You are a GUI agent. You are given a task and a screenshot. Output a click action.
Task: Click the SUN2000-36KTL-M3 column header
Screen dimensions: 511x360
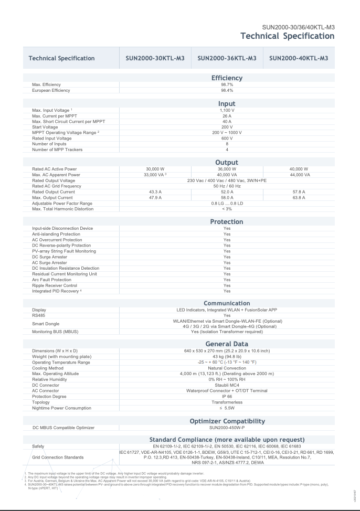[227, 58]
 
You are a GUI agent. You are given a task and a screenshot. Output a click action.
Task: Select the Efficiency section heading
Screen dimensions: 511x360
[227, 78]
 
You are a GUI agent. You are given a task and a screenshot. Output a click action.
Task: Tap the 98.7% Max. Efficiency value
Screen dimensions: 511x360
[227, 84]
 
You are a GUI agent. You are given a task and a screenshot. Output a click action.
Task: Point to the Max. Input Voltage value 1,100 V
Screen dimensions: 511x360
[227, 111]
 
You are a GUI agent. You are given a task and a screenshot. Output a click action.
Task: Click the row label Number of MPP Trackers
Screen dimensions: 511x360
[57, 150]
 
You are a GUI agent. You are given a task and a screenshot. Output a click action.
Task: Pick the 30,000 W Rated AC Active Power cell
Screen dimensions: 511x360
[155, 169]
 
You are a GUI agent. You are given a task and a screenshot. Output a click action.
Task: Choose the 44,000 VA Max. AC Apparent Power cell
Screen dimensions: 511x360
[299, 175]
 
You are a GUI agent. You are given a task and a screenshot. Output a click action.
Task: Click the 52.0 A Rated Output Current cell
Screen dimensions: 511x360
[227, 192]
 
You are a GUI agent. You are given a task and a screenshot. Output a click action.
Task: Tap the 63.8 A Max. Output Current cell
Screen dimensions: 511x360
[299, 198]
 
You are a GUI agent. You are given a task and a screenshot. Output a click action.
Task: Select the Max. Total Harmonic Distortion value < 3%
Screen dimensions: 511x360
[227, 209]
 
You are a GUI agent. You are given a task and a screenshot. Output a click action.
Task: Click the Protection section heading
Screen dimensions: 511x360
[227, 222]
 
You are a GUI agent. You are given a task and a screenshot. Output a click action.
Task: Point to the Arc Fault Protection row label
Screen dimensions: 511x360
[51, 280]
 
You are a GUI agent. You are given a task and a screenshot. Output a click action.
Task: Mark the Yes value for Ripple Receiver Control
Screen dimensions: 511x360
[227, 285]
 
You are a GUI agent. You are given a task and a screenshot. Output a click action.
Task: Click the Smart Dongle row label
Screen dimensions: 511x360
[46, 324]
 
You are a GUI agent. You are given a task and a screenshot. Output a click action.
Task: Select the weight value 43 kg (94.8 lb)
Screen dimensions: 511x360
[227, 357]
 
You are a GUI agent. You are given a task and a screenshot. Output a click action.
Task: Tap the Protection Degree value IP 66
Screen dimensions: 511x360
[227, 396]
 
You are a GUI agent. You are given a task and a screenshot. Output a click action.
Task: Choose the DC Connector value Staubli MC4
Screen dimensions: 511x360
[227, 385]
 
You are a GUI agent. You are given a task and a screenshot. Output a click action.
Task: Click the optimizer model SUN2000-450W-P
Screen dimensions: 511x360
[227, 428]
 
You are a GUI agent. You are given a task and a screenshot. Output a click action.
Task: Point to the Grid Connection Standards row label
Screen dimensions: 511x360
[58, 457]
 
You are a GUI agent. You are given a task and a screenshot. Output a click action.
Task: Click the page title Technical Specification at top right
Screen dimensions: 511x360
[287, 36]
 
